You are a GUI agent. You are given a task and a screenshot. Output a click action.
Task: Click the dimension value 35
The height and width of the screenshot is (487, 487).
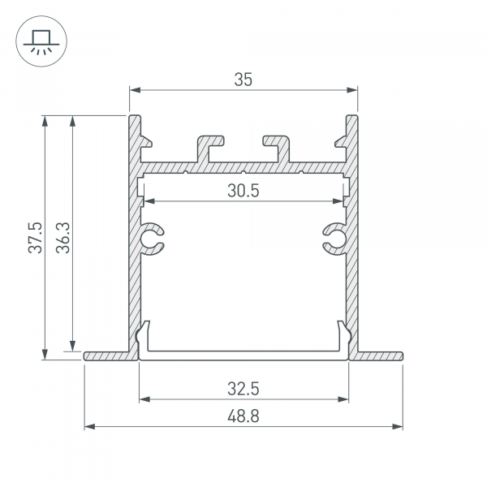243,80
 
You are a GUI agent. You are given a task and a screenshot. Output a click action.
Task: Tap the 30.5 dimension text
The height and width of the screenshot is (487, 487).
243,191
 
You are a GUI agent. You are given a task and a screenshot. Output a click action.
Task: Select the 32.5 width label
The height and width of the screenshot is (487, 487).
243,389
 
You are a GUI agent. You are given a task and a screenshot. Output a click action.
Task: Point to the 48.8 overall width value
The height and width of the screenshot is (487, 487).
243,416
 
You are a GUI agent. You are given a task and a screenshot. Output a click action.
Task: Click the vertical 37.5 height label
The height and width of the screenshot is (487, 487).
35,238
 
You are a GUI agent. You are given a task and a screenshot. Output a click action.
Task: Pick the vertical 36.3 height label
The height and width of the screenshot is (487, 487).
63,238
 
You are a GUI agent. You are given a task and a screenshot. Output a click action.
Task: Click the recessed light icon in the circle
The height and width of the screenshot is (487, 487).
41,41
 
